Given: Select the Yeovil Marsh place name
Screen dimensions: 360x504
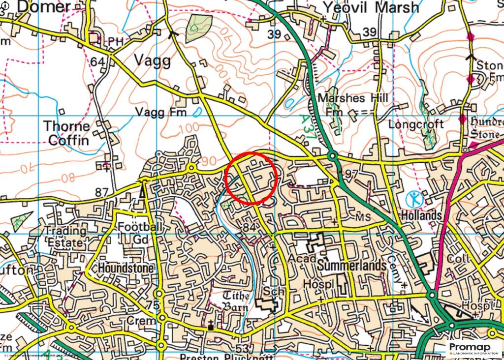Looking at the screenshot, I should [371, 8].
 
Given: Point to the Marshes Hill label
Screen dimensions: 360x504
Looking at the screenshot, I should [352, 98].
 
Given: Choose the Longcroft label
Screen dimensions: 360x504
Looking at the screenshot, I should [416, 123].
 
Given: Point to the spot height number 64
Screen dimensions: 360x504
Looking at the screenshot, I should [97, 62].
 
